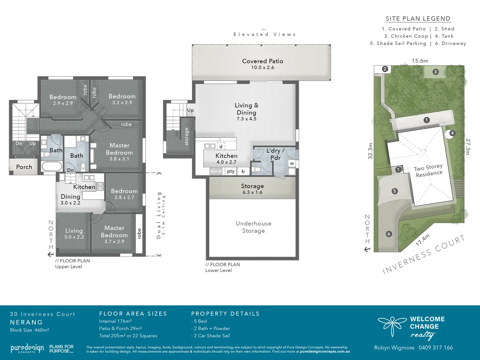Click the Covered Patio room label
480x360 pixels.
pyautogui.click(x=262, y=61)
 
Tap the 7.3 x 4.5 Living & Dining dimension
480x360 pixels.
pyautogui.click(x=246, y=119)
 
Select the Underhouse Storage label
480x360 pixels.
pyautogui.click(x=253, y=227)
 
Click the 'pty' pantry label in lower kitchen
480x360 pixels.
pyautogui.click(x=231, y=171)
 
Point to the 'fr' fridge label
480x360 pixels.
pyautogui.click(x=243, y=172)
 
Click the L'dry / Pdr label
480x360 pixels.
pyautogui.click(x=275, y=154)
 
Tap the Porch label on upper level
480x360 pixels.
pyautogui.click(x=24, y=167)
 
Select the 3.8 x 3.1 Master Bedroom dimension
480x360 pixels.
pyautogui.click(x=119, y=159)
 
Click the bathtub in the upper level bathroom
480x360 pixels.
pyautogui.click(x=52, y=166)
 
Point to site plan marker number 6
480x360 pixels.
pyautogui.click(x=389, y=234)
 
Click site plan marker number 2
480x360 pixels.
pyautogui.click(x=385, y=69)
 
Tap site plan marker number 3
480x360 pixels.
pyautogui.click(x=435, y=72)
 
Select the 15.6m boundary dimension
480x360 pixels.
pyautogui.click(x=420, y=61)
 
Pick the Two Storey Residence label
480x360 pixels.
pyautogui.click(x=429, y=171)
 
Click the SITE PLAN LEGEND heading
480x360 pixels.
pyautogui.click(x=418, y=19)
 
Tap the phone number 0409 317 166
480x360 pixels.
pyautogui.click(x=436, y=348)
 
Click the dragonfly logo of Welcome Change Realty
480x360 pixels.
pyautogui.click(x=392, y=325)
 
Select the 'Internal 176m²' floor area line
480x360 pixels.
pyautogui.click(x=115, y=321)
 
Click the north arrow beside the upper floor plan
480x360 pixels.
pyautogui.click(x=51, y=254)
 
